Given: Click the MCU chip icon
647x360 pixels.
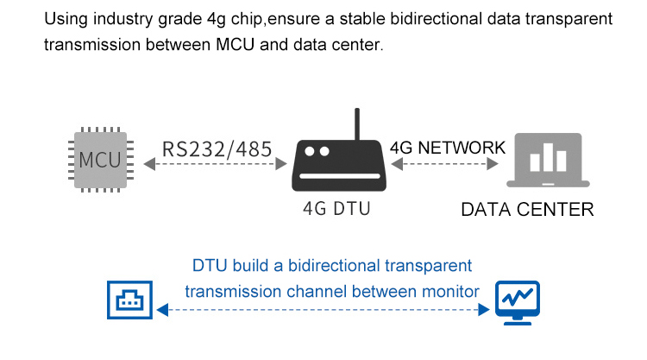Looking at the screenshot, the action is pyautogui.click(x=101, y=160).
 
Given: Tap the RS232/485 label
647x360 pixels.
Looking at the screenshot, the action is pyautogui.click(x=217, y=149).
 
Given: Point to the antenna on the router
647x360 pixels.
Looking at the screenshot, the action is pyautogui.click(x=357, y=124).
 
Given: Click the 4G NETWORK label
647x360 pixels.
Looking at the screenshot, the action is pyautogui.click(x=448, y=148).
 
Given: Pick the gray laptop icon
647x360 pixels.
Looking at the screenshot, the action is pyautogui.click(x=548, y=161).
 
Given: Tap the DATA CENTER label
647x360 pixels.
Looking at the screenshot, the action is pyautogui.click(x=527, y=210).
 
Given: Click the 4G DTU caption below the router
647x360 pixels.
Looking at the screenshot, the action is pyautogui.click(x=336, y=208).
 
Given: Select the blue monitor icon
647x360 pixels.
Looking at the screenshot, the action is pyautogui.click(x=518, y=303).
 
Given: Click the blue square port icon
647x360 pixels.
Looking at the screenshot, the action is pyautogui.click(x=129, y=300).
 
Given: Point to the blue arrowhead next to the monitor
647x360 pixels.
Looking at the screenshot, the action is pyautogui.click(x=484, y=310).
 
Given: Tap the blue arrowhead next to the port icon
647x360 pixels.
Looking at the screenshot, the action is pyautogui.click(x=162, y=310).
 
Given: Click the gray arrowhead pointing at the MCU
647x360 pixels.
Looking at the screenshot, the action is pyautogui.click(x=149, y=164).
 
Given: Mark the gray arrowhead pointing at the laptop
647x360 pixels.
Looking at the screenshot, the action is pyautogui.click(x=493, y=164).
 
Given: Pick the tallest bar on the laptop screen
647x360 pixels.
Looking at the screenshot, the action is pyautogui.click(x=548, y=157).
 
